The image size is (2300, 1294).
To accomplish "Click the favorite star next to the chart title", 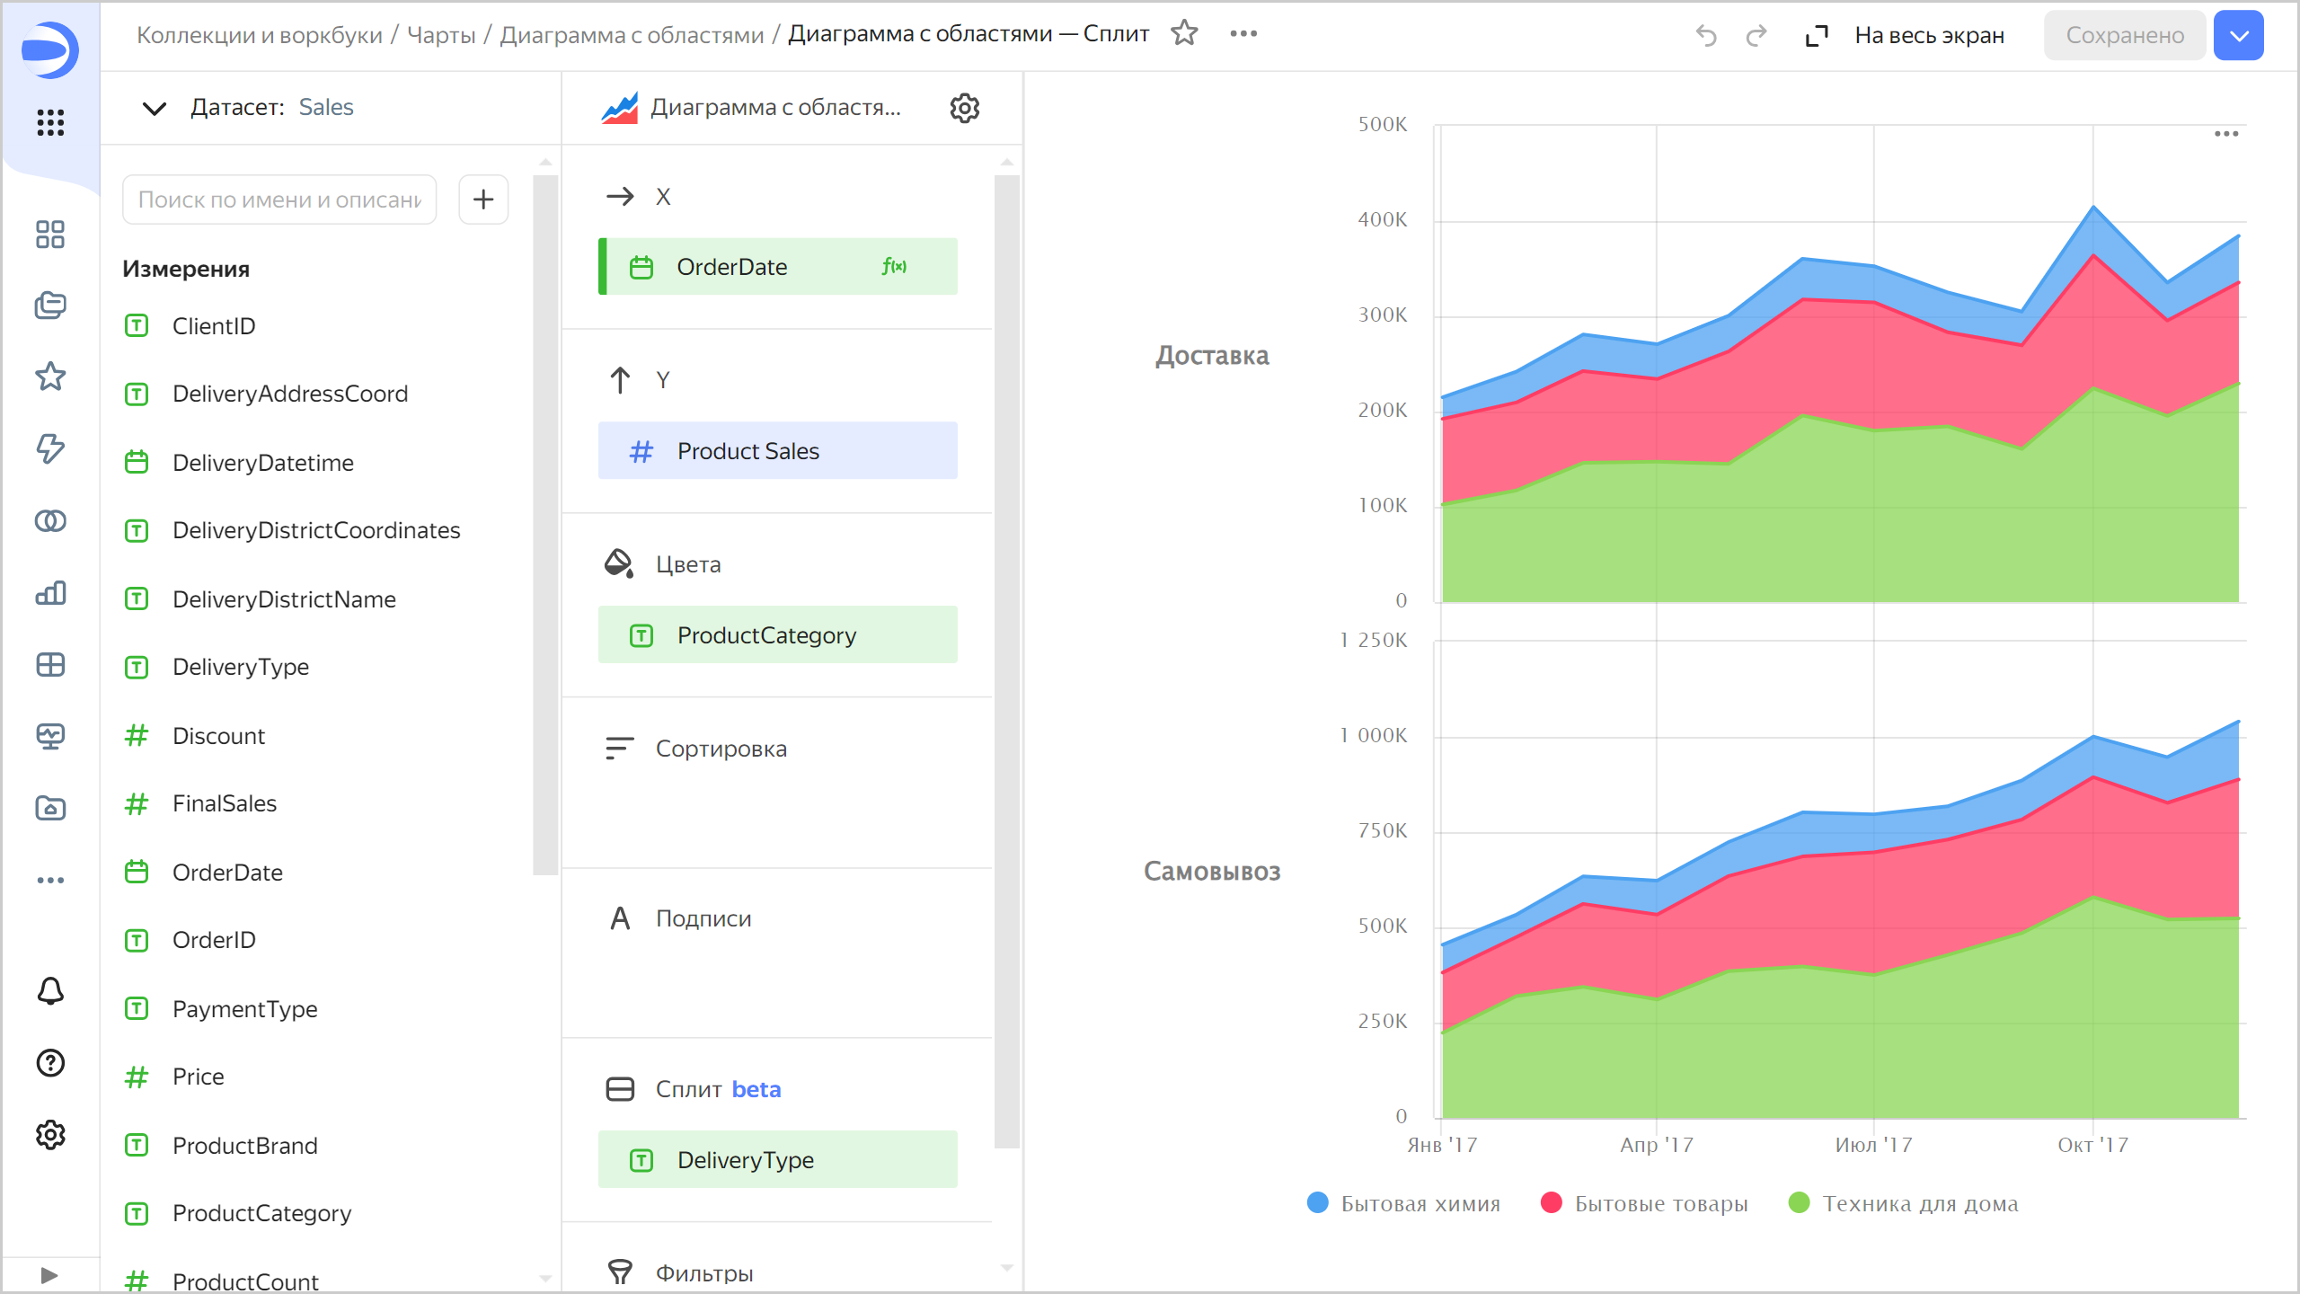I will (x=1185, y=34).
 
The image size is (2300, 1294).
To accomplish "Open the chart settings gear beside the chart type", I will (x=964, y=108).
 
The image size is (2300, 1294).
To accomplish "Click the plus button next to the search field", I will (x=483, y=199).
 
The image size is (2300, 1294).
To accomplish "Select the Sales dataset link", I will (x=326, y=108).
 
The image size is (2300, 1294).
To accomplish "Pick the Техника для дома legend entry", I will (x=1905, y=1204).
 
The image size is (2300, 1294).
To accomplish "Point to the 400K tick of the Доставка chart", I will (x=1383, y=220).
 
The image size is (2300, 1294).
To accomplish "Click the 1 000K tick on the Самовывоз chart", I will (x=1374, y=736).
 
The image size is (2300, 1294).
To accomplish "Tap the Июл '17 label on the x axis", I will (x=1873, y=1146).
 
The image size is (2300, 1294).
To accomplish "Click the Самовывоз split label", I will (x=1212, y=872).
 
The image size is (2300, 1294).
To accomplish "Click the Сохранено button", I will (x=2125, y=36).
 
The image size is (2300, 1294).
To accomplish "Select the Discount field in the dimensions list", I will (x=218, y=736).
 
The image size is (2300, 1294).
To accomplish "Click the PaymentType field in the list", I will (x=244, y=1009).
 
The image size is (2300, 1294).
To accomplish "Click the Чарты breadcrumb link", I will (x=441, y=35).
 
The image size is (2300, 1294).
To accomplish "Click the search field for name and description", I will (x=279, y=199).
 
